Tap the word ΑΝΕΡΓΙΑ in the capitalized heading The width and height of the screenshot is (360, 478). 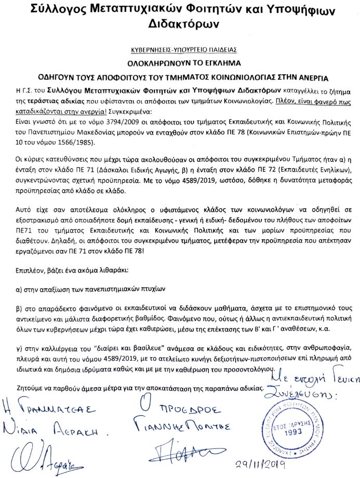click(306, 77)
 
